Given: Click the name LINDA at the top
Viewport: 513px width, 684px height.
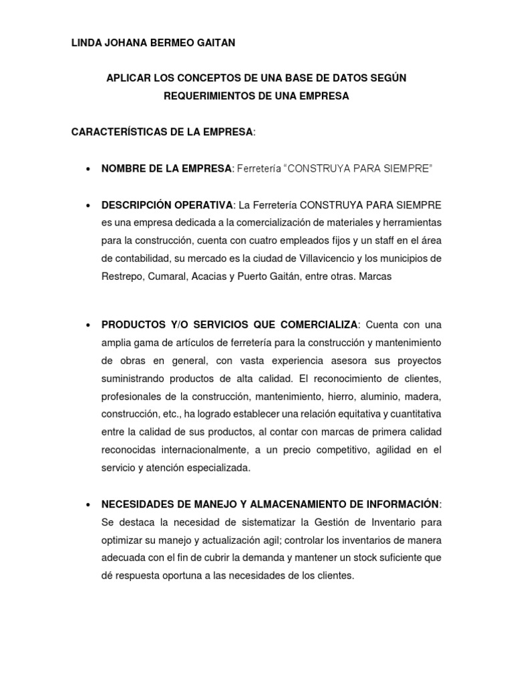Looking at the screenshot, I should coord(86,43).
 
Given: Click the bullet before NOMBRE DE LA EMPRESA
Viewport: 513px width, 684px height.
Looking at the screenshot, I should coord(88,169).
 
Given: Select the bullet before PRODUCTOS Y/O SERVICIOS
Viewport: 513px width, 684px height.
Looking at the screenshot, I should coord(88,325).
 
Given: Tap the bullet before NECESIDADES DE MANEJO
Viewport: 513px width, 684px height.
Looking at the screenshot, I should coord(88,504).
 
